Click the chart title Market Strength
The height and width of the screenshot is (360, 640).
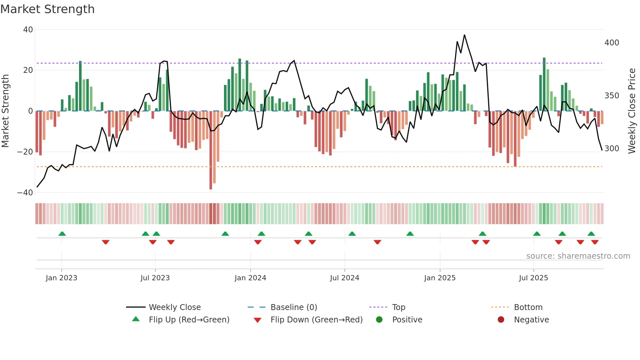(x=47, y=9)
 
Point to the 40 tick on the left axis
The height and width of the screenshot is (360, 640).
(x=28, y=30)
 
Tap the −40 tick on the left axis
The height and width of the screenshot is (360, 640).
(x=25, y=193)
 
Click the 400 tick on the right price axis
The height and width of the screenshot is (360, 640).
(x=612, y=43)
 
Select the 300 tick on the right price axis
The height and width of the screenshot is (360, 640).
(x=612, y=149)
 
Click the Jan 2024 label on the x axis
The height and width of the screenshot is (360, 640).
(x=250, y=278)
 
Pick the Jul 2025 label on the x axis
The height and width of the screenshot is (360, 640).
(x=533, y=278)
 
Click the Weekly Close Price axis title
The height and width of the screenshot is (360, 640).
(x=632, y=111)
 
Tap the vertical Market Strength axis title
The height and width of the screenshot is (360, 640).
(x=6, y=111)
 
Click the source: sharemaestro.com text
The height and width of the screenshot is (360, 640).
(x=578, y=256)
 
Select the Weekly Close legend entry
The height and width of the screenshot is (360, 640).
(x=175, y=307)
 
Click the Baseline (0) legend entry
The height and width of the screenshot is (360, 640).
(x=294, y=307)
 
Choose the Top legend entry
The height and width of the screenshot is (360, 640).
(x=398, y=307)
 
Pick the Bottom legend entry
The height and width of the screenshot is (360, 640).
(x=528, y=307)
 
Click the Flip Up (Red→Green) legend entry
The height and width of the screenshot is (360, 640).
(x=189, y=320)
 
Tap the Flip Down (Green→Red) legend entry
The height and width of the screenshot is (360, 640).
(x=316, y=320)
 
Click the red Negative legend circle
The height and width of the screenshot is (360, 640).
(x=501, y=319)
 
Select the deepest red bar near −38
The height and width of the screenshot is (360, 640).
(x=211, y=150)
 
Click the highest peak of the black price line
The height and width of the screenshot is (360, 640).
(x=464, y=35)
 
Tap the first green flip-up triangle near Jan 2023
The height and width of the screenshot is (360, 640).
(x=62, y=234)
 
